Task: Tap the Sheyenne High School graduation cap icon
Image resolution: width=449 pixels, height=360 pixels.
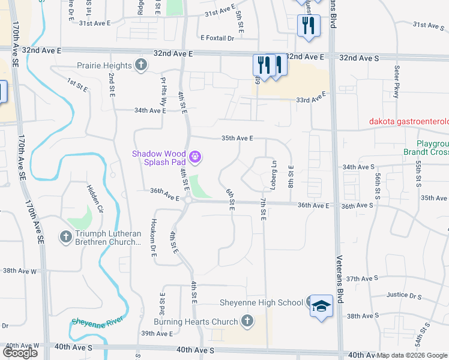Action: [321, 305]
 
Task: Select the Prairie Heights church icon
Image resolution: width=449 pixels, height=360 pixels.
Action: [141, 65]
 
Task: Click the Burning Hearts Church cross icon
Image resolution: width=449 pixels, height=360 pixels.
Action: [246, 322]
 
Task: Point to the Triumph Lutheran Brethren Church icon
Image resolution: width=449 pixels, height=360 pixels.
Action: [65, 237]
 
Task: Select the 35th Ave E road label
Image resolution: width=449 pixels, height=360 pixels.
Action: [237, 138]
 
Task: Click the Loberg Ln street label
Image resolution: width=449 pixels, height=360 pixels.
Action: [274, 172]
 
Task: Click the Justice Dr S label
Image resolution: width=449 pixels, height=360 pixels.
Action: [405, 295]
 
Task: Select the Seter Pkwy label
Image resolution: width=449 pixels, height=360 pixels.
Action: [396, 79]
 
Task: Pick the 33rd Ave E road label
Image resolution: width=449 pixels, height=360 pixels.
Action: [310, 98]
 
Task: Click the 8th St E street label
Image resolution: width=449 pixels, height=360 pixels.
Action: [292, 175]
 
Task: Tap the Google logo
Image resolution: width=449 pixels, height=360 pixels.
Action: [20, 352]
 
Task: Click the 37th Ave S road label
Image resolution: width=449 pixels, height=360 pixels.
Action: [360, 279]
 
